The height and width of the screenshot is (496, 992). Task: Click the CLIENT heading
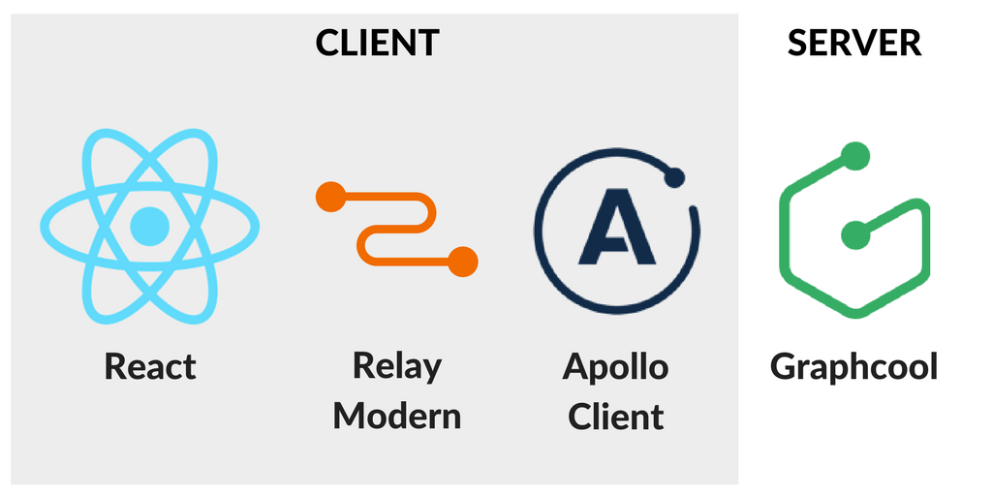point(378,43)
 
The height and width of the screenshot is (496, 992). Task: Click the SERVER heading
point(853,43)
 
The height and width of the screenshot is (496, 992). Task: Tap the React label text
point(150,367)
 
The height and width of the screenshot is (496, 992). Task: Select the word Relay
point(396,366)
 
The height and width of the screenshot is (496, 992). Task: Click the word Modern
point(396,416)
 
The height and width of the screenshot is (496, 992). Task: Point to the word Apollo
point(615,367)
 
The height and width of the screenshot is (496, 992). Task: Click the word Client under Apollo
point(615,416)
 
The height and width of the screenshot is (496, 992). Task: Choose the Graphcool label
point(853,367)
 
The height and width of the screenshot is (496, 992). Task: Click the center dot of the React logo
point(150,226)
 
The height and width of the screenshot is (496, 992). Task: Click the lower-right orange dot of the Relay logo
point(464,261)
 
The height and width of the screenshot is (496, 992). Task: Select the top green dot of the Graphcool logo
point(854,155)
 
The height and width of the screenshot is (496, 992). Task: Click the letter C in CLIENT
point(327,43)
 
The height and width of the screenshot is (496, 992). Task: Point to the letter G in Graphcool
point(782,367)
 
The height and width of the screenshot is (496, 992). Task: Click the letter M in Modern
point(347,416)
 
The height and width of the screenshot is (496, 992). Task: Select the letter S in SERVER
point(796,43)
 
